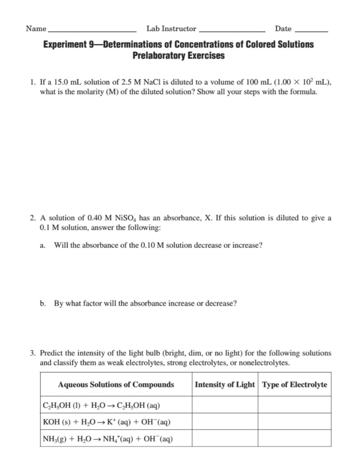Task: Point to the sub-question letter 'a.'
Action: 43,245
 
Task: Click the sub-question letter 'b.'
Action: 43,303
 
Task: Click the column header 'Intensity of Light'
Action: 224,385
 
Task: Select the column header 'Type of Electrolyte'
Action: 294,385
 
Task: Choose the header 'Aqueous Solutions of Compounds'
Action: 116,385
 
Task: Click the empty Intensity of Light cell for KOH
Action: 224,422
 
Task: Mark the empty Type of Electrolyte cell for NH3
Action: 294,439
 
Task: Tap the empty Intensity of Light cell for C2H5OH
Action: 224,405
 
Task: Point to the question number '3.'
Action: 33,353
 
